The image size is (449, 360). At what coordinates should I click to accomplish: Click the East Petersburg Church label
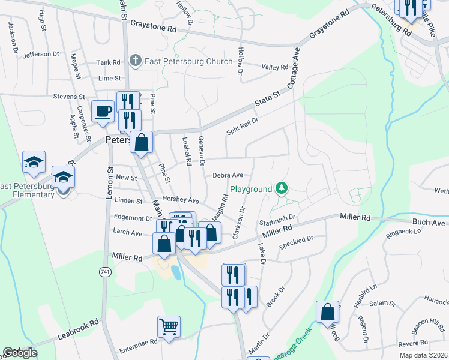(188, 62)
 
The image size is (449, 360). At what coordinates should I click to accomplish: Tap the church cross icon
(135, 61)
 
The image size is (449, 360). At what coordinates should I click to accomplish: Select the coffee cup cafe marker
(102, 111)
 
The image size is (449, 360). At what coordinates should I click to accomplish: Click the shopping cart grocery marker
(169, 327)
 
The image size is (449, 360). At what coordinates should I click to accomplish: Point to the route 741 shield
(106, 272)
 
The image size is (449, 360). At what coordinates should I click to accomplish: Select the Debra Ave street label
(228, 175)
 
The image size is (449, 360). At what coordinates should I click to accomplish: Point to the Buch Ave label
(429, 223)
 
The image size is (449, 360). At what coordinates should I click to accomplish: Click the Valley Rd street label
(276, 67)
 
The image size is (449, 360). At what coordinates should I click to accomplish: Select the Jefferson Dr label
(41, 55)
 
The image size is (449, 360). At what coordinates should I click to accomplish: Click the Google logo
(19, 352)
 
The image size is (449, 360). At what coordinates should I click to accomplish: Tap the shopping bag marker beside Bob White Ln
(328, 312)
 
